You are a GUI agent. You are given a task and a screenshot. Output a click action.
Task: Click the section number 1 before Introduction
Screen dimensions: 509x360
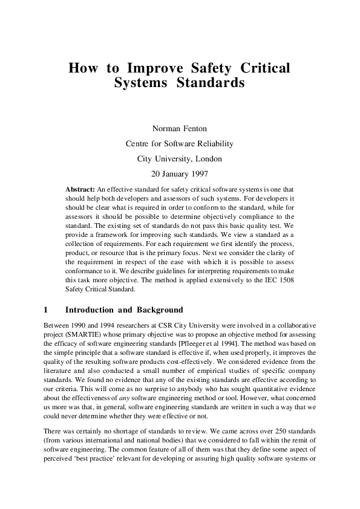click(x=47, y=310)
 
